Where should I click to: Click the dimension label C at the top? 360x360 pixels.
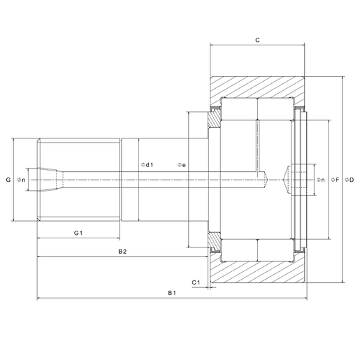[x=257, y=41]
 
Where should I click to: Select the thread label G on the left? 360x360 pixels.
[x=8, y=180]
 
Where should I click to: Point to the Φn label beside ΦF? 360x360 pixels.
[x=319, y=180]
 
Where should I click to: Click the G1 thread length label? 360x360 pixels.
[x=78, y=232]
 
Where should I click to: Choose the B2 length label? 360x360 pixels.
[x=122, y=250]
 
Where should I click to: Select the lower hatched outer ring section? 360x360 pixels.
[x=257, y=273]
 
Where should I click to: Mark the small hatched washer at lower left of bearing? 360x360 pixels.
[x=213, y=240]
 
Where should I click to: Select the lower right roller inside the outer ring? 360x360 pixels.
[x=275, y=250]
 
